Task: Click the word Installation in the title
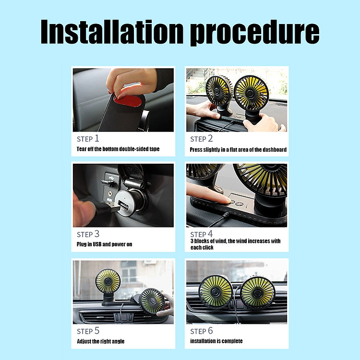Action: coord(112,32)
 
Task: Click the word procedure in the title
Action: coord(254,33)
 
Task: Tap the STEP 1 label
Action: coord(88,139)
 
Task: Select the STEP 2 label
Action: coord(201,139)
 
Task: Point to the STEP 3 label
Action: coord(88,234)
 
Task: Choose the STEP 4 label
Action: coord(201,234)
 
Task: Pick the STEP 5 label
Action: coord(88,331)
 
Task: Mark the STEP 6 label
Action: coord(201,331)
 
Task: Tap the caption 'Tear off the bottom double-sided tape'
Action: coord(118,149)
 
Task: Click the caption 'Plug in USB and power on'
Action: coord(104,244)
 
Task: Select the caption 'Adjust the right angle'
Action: coord(101,341)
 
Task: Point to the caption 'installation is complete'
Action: coord(216,341)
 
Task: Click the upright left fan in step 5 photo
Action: coord(108,281)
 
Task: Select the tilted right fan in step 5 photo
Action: coord(153,300)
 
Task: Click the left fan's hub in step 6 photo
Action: coord(215,292)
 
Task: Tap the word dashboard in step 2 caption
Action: coord(275,150)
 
